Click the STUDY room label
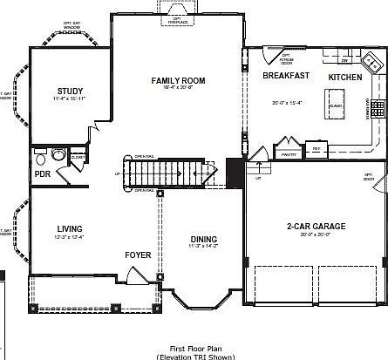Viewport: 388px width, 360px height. [x=70, y=91]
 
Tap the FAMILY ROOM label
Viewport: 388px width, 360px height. [x=178, y=80]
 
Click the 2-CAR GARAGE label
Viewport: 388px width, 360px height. [x=316, y=227]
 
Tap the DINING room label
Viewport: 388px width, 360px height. [x=204, y=240]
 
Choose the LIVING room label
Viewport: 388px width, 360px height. [x=69, y=229]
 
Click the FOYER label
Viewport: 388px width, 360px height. [x=138, y=255]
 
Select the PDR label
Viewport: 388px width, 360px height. [x=42, y=173]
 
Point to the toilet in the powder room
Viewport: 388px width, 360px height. [x=58, y=155]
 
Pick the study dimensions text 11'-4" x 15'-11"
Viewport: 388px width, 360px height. [x=70, y=100]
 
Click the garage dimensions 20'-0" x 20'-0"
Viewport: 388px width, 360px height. [x=316, y=235]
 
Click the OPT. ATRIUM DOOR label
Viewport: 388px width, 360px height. [x=286, y=60]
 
